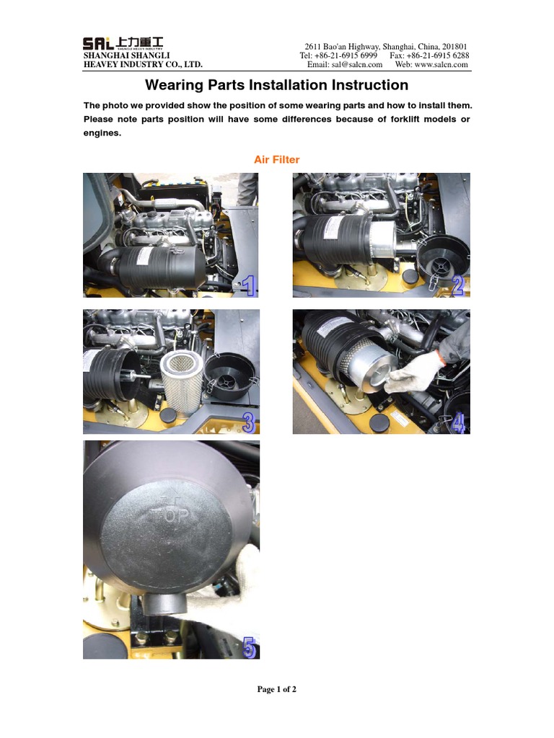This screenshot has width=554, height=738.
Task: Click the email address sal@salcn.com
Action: [x=356, y=64]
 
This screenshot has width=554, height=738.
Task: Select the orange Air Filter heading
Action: [x=276, y=159]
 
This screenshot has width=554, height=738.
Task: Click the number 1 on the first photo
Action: [x=248, y=288]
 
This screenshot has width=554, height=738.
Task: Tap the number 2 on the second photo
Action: [x=457, y=287]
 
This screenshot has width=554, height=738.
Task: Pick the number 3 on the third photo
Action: [x=248, y=422]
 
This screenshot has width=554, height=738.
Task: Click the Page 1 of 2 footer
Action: [x=277, y=689]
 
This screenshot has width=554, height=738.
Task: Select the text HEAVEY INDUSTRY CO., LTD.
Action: [x=143, y=64]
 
